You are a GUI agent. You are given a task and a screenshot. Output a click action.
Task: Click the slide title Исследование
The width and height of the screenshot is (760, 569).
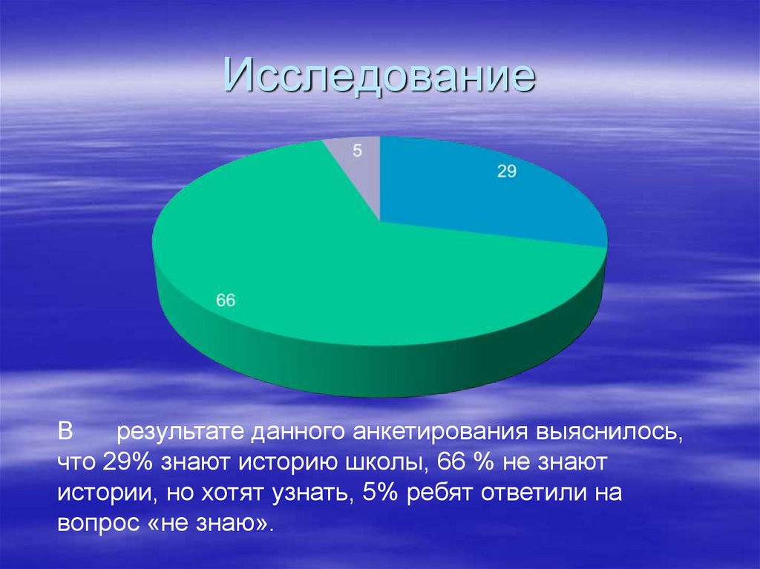pyautogui.click(x=379, y=78)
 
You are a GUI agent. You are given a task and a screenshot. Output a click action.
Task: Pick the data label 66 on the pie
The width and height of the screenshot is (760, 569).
pyautogui.click(x=226, y=300)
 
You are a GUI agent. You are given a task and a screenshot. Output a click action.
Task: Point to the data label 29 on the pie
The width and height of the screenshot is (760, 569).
pyautogui.click(x=506, y=171)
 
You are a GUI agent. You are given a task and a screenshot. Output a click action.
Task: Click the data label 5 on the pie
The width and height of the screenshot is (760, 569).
pyautogui.click(x=357, y=151)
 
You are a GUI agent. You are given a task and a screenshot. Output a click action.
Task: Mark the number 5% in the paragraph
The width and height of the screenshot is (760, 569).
pyautogui.click(x=380, y=493)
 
